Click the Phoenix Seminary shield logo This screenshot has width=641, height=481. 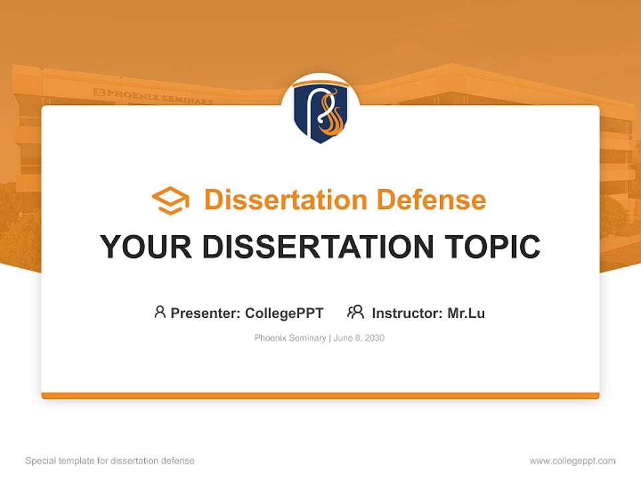(x=320, y=112)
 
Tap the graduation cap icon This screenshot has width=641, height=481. (x=170, y=200)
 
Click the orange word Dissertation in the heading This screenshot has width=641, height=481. (x=286, y=199)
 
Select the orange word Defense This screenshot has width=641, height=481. (x=431, y=199)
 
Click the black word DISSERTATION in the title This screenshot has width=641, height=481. (x=318, y=247)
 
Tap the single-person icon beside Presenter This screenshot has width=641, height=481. (x=160, y=312)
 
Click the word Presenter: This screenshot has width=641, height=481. (x=206, y=313)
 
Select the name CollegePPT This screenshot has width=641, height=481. (x=284, y=313)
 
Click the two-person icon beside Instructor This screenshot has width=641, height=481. (x=356, y=312)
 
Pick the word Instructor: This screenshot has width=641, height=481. (x=407, y=313)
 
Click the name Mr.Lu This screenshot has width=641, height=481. (x=466, y=313)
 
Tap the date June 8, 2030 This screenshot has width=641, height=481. (x=359, y=338)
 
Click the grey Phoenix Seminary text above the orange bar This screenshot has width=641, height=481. (x=290, y=338)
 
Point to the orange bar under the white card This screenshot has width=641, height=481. (x=320, y=395)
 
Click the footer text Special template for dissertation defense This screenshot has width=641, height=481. (x=110, y=461)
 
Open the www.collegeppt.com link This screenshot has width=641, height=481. (x=572, y=461)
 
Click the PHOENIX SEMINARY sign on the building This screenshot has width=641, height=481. (x=154, y=96)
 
